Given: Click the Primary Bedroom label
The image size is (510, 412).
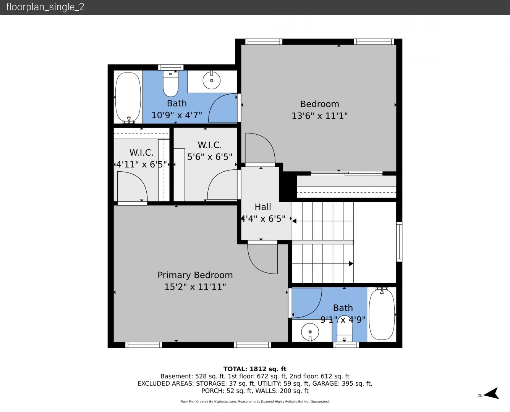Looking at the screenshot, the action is (195, 275).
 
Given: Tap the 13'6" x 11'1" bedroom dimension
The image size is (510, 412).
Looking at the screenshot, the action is (320, 116).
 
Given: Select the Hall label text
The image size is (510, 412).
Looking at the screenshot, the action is (263, 207).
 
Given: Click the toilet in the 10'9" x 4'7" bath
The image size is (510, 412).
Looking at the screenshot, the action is (170, 84).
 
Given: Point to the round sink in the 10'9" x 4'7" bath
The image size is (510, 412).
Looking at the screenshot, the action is (211, 80).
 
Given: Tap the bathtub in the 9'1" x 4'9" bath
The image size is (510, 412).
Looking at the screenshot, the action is (382, 314).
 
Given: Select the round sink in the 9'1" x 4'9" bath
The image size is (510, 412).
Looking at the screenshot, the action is (310, 332).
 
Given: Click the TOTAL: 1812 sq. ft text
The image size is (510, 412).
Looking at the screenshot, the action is (255, 369).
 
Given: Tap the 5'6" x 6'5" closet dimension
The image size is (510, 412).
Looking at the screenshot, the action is (210, 157).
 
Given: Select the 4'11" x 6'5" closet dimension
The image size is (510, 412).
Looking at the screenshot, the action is (141, 164).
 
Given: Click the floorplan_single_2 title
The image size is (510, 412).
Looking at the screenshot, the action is (45, 7).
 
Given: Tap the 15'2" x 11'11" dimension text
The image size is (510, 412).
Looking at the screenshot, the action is (195, 287).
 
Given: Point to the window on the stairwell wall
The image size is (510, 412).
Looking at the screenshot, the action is (399, 241).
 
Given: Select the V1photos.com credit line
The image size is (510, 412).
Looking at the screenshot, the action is (255, 402).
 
